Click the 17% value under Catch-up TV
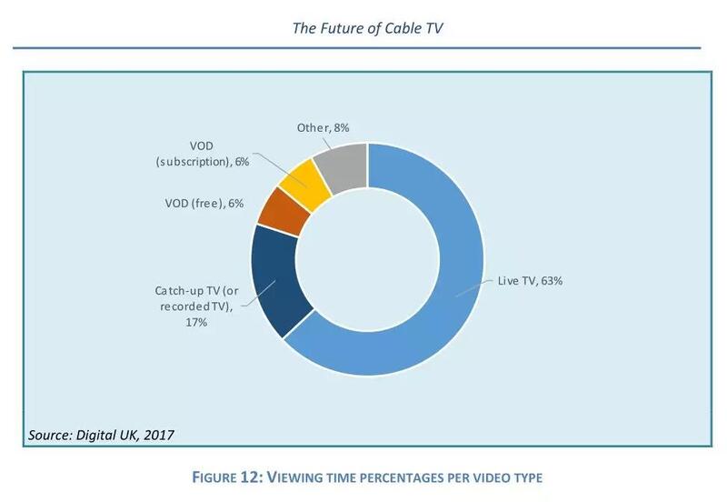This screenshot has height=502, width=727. (198, 322)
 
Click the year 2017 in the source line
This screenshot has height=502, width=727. (156, 435)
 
